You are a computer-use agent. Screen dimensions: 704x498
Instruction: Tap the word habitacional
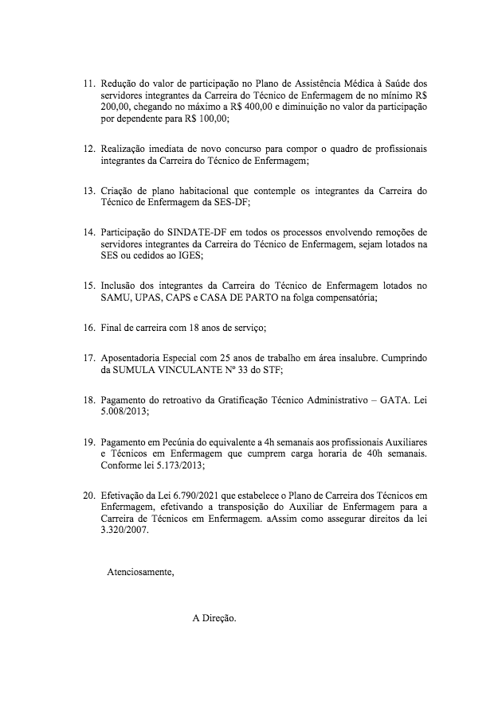point(181,192)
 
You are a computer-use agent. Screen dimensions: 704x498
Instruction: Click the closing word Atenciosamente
point(140,572)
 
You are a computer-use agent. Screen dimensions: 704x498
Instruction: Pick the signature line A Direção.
point(214,618)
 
